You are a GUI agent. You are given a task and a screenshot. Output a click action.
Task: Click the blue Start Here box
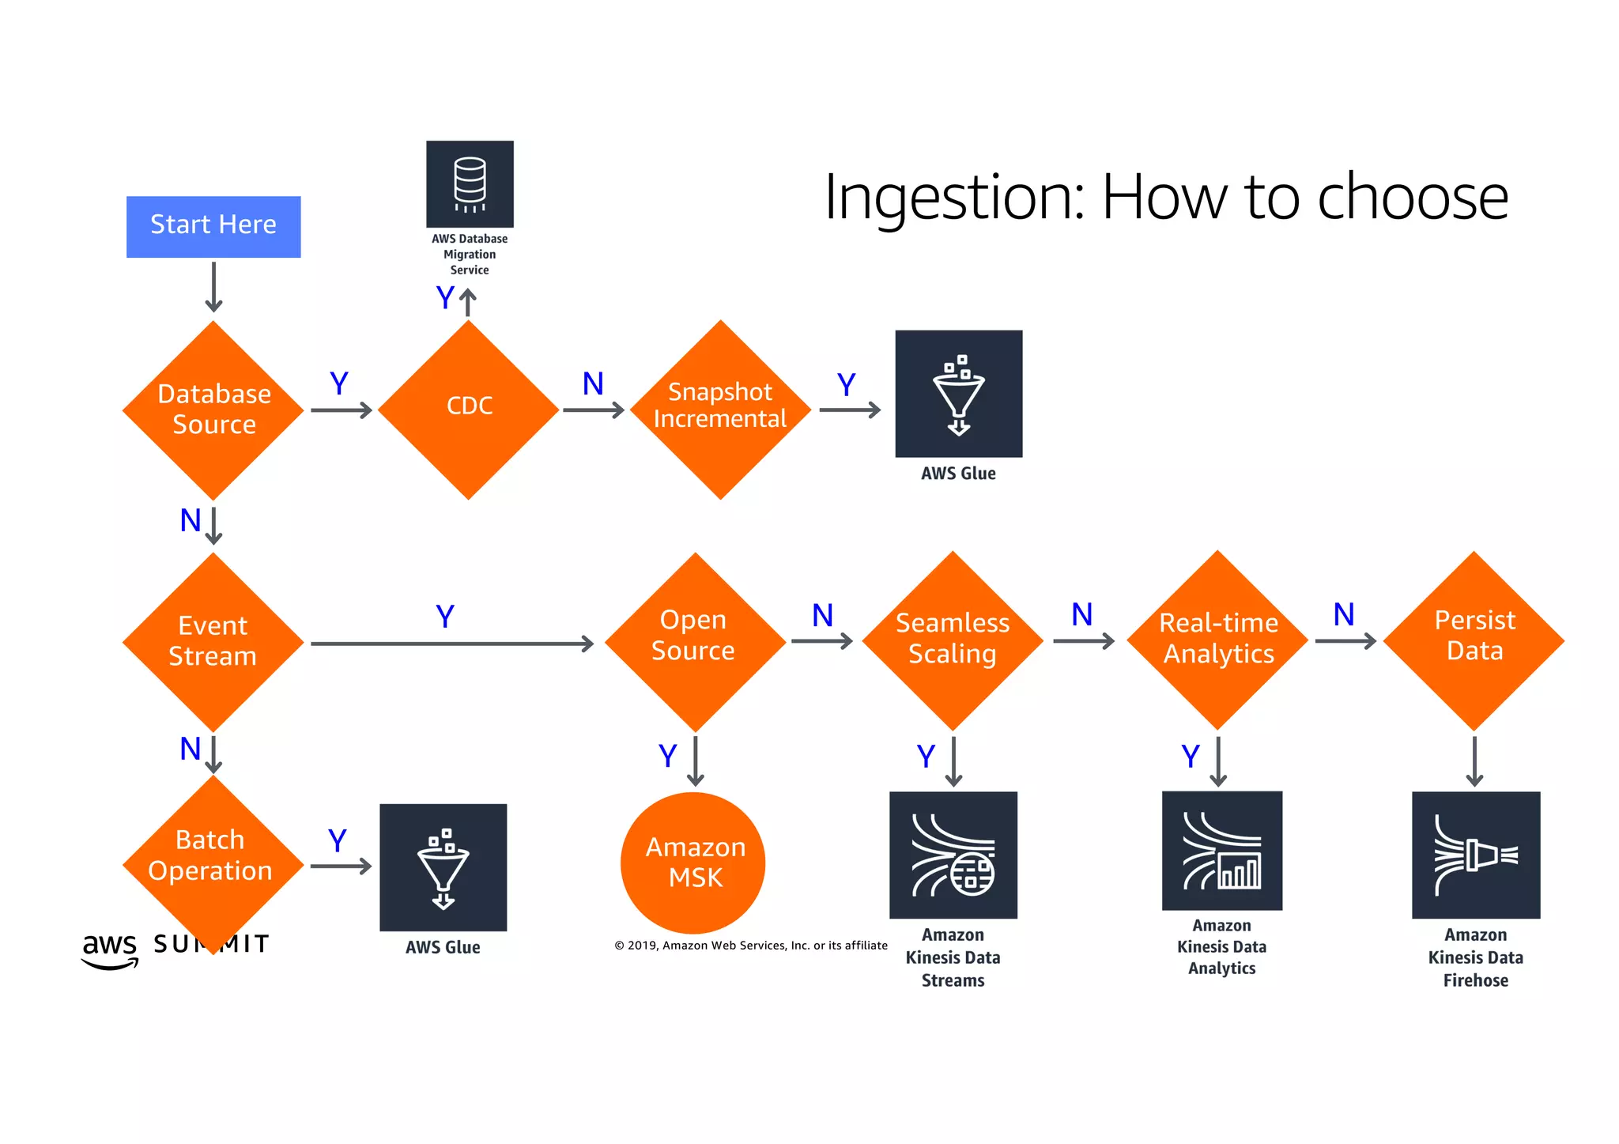[x=213, y=226]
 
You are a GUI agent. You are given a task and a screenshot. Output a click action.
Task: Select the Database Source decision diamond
[x=213, y=410]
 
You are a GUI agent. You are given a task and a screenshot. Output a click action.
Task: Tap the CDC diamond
[x=469, y=410]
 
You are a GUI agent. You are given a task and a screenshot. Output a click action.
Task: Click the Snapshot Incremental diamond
[x=720, y=410]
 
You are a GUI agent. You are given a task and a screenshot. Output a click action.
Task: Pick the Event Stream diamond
[x=213, y=641]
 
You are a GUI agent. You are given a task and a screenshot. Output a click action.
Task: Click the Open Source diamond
[x=695, y=641]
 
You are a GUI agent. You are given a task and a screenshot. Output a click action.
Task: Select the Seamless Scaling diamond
[x=953, y=640]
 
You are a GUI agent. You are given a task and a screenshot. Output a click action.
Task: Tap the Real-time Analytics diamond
[x=1217, y=640]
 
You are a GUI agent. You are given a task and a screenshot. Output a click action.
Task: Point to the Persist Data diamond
[x=1474, y=640]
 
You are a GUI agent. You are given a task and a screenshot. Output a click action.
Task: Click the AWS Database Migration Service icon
[x=470, y=184]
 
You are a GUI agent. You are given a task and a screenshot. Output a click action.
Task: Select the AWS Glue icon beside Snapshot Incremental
[x=958, y=394]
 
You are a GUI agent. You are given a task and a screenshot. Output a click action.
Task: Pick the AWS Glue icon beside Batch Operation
[x=443, y=867]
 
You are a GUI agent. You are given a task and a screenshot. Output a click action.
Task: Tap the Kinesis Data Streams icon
[x=953, y=855]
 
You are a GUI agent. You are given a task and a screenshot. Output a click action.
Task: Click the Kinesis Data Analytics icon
[x=1221, y=851]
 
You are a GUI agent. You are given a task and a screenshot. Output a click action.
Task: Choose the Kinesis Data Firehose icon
[x=1475, y=855]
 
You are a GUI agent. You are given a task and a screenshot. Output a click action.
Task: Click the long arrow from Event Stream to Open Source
[x=451, y=644]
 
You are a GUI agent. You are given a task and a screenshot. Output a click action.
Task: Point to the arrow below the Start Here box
[x=213, y=286]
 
